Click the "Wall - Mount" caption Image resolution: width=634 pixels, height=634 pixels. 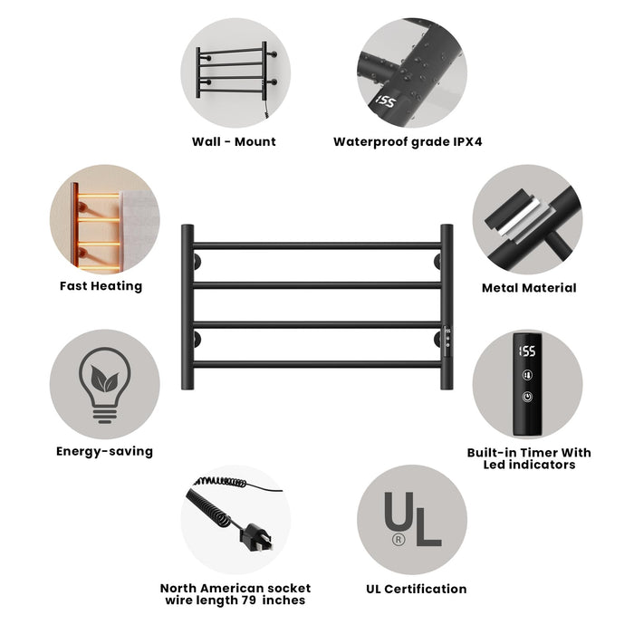click(x=234, y=141)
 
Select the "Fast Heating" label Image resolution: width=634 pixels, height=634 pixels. click(x=101, y=286)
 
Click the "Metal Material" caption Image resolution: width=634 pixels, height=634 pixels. click(x=529, y=287)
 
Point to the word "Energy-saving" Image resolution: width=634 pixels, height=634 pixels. click(x=105, y=451)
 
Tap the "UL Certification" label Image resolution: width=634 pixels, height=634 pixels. click(x=416, y=589)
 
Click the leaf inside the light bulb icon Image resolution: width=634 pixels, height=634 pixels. click(x=105, y=379)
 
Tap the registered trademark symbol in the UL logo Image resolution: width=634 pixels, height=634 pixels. click(x=399, y=539)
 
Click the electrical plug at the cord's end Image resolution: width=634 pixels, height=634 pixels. click(x=256, y=538)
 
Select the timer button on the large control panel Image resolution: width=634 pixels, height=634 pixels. click(x=527, y=397)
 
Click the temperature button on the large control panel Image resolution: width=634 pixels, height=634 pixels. click(x=527, y=375)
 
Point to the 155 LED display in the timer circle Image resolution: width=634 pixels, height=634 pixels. click(x=527, y=351)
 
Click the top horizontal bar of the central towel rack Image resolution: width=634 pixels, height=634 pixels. click(x=317, y=245)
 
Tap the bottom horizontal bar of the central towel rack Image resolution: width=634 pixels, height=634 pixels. click(x=317, y=364)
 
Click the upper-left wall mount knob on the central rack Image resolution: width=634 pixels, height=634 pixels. click(x=197, y=262)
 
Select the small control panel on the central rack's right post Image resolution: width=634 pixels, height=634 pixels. click(x=447, y=341)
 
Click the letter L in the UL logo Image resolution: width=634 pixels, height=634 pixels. click(x=427, y=527)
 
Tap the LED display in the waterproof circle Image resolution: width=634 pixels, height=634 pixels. click(x=385, y=101)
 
